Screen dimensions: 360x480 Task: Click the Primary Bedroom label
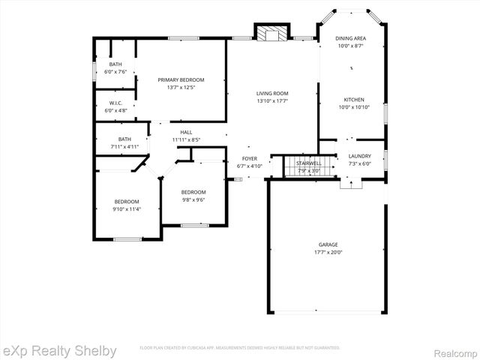click(181, 79)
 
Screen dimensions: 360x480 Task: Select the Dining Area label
click(351, 37)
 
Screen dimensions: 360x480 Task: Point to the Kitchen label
click(354, 100)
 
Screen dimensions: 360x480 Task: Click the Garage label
click(328, 244)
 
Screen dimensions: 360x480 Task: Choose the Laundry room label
click(360, 156)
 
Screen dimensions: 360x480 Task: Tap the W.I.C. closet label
click(115, 103)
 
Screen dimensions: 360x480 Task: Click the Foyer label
click(250, 158)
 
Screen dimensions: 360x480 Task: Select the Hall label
click(186, 132)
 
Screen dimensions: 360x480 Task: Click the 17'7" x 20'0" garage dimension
click(328, 253)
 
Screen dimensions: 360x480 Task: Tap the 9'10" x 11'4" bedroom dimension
click(127, 208)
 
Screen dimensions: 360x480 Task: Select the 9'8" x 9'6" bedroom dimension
click(193, 200)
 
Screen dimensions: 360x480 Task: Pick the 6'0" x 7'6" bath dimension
click(115, 72)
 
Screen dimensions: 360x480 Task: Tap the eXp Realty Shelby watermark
click(59, 351)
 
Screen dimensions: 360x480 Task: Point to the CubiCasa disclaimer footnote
click(240, 348)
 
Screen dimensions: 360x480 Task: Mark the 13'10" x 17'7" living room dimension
click(272, 100)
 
